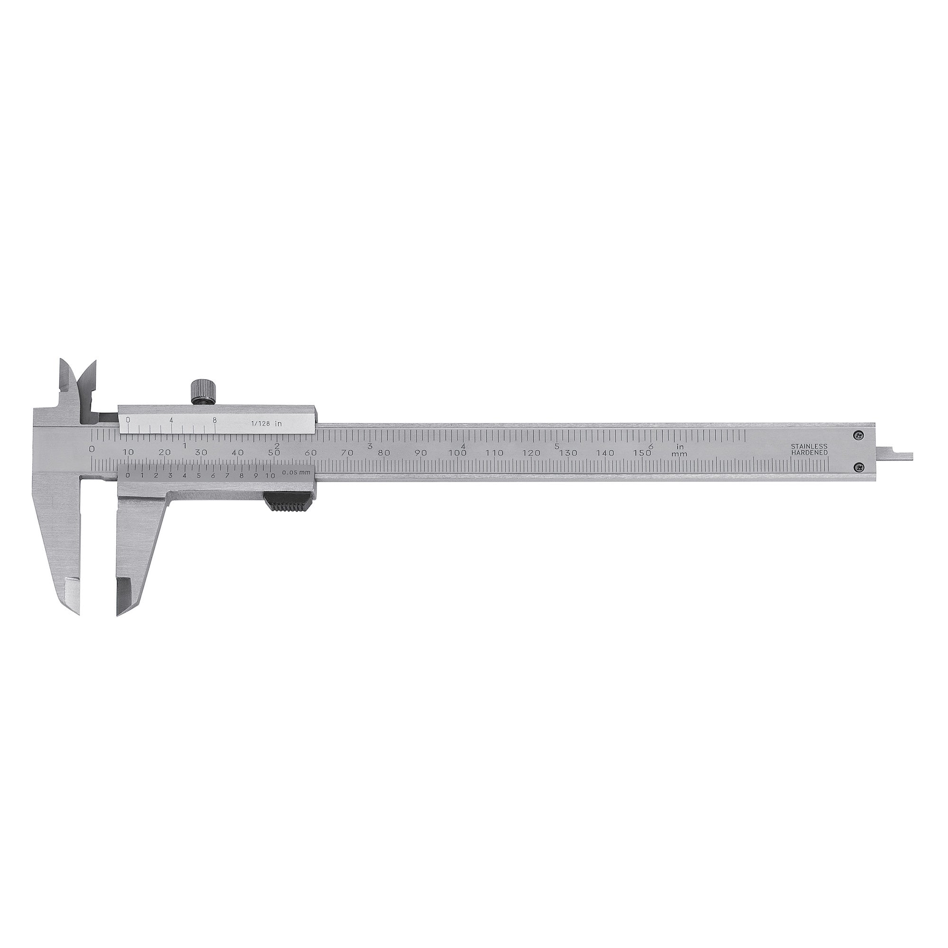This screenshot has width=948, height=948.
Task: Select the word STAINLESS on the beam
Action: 809,447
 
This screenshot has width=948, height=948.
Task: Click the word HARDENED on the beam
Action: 809,452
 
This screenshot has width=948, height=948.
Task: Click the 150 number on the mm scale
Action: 642,453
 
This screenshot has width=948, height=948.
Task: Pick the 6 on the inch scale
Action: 651,446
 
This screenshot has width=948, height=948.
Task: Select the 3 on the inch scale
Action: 370,446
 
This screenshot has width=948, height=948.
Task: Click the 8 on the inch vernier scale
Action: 214,420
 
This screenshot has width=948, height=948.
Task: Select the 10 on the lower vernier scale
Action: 270,475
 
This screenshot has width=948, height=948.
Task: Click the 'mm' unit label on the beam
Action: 680,454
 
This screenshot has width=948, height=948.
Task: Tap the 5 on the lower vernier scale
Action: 199,475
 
